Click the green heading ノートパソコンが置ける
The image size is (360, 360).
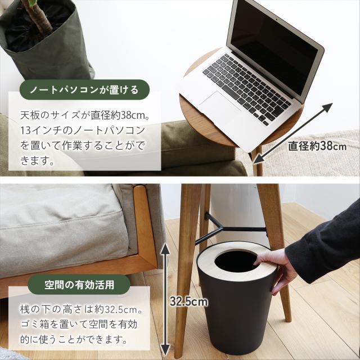pyautogui.click(x=83, y=89)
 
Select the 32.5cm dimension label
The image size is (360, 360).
pyautogui.click(x=188, y=302)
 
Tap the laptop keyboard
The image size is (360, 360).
pyautogui.click(x=247, y=82)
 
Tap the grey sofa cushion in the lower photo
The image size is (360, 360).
pyautogui.click(x=62, y=225)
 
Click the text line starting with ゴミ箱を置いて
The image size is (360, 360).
pyautogui.click(x=79, y=325)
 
